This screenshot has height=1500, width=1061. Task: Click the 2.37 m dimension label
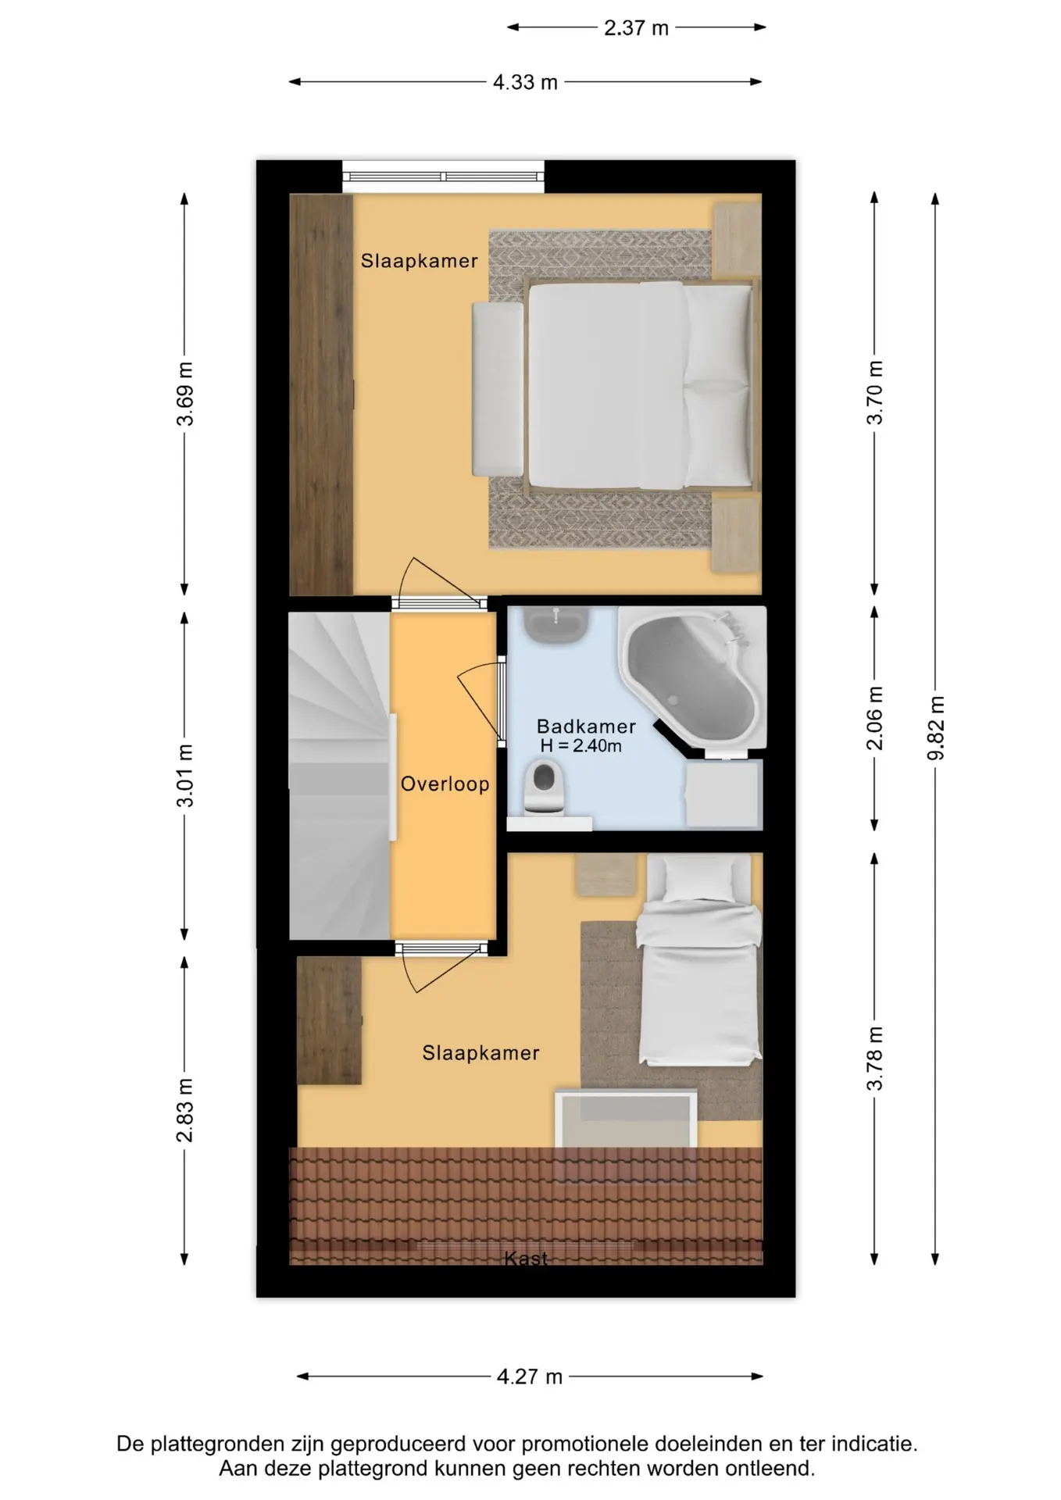pyautogui.click(x=636, y=28)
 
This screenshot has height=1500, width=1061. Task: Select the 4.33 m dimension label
pyautogui.click(x=525, y=82)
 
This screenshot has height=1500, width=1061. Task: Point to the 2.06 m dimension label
pyautogui.click(x=875, y=718)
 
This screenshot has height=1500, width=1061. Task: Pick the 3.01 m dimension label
pyautogui.click(x=184, y=776)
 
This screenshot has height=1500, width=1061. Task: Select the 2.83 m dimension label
pyautogui.click(x=184, y=1110)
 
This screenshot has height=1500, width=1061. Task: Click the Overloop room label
pyautogui.click(x=445, y=784)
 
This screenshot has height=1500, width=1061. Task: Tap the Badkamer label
pyautogui.click(x=586, y=726)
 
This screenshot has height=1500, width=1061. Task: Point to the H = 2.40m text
pyautogui.click(x=581, y=746)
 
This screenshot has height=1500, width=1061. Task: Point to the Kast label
pyautogui.click(x=526, y=1259)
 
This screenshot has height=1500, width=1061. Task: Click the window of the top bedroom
pyautogui.click(x=443, y=177)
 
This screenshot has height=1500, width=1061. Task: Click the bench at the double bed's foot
pyautogui.click(x=498, y=389)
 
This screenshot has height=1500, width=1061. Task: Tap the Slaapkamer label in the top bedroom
pyautogui.click(x=419, y=261)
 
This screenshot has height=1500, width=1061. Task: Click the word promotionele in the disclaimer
pyautogui.click(x=585, y=1444)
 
